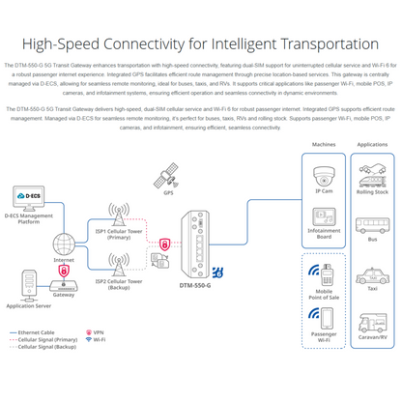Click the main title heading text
pos(201,43)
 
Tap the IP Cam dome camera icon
pos(324,176)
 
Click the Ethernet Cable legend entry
pos(37,331)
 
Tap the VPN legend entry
pos(97,331)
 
